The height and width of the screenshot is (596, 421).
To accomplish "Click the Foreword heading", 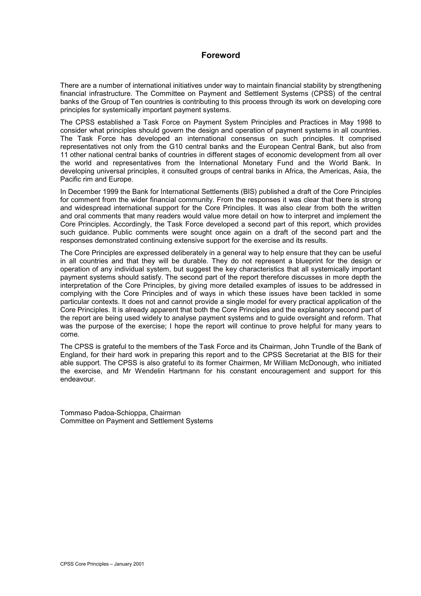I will coord(221,55).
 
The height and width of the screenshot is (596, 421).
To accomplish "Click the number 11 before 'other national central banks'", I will coord(64,155).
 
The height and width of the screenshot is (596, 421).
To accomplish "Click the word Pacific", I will coord(69,179).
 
